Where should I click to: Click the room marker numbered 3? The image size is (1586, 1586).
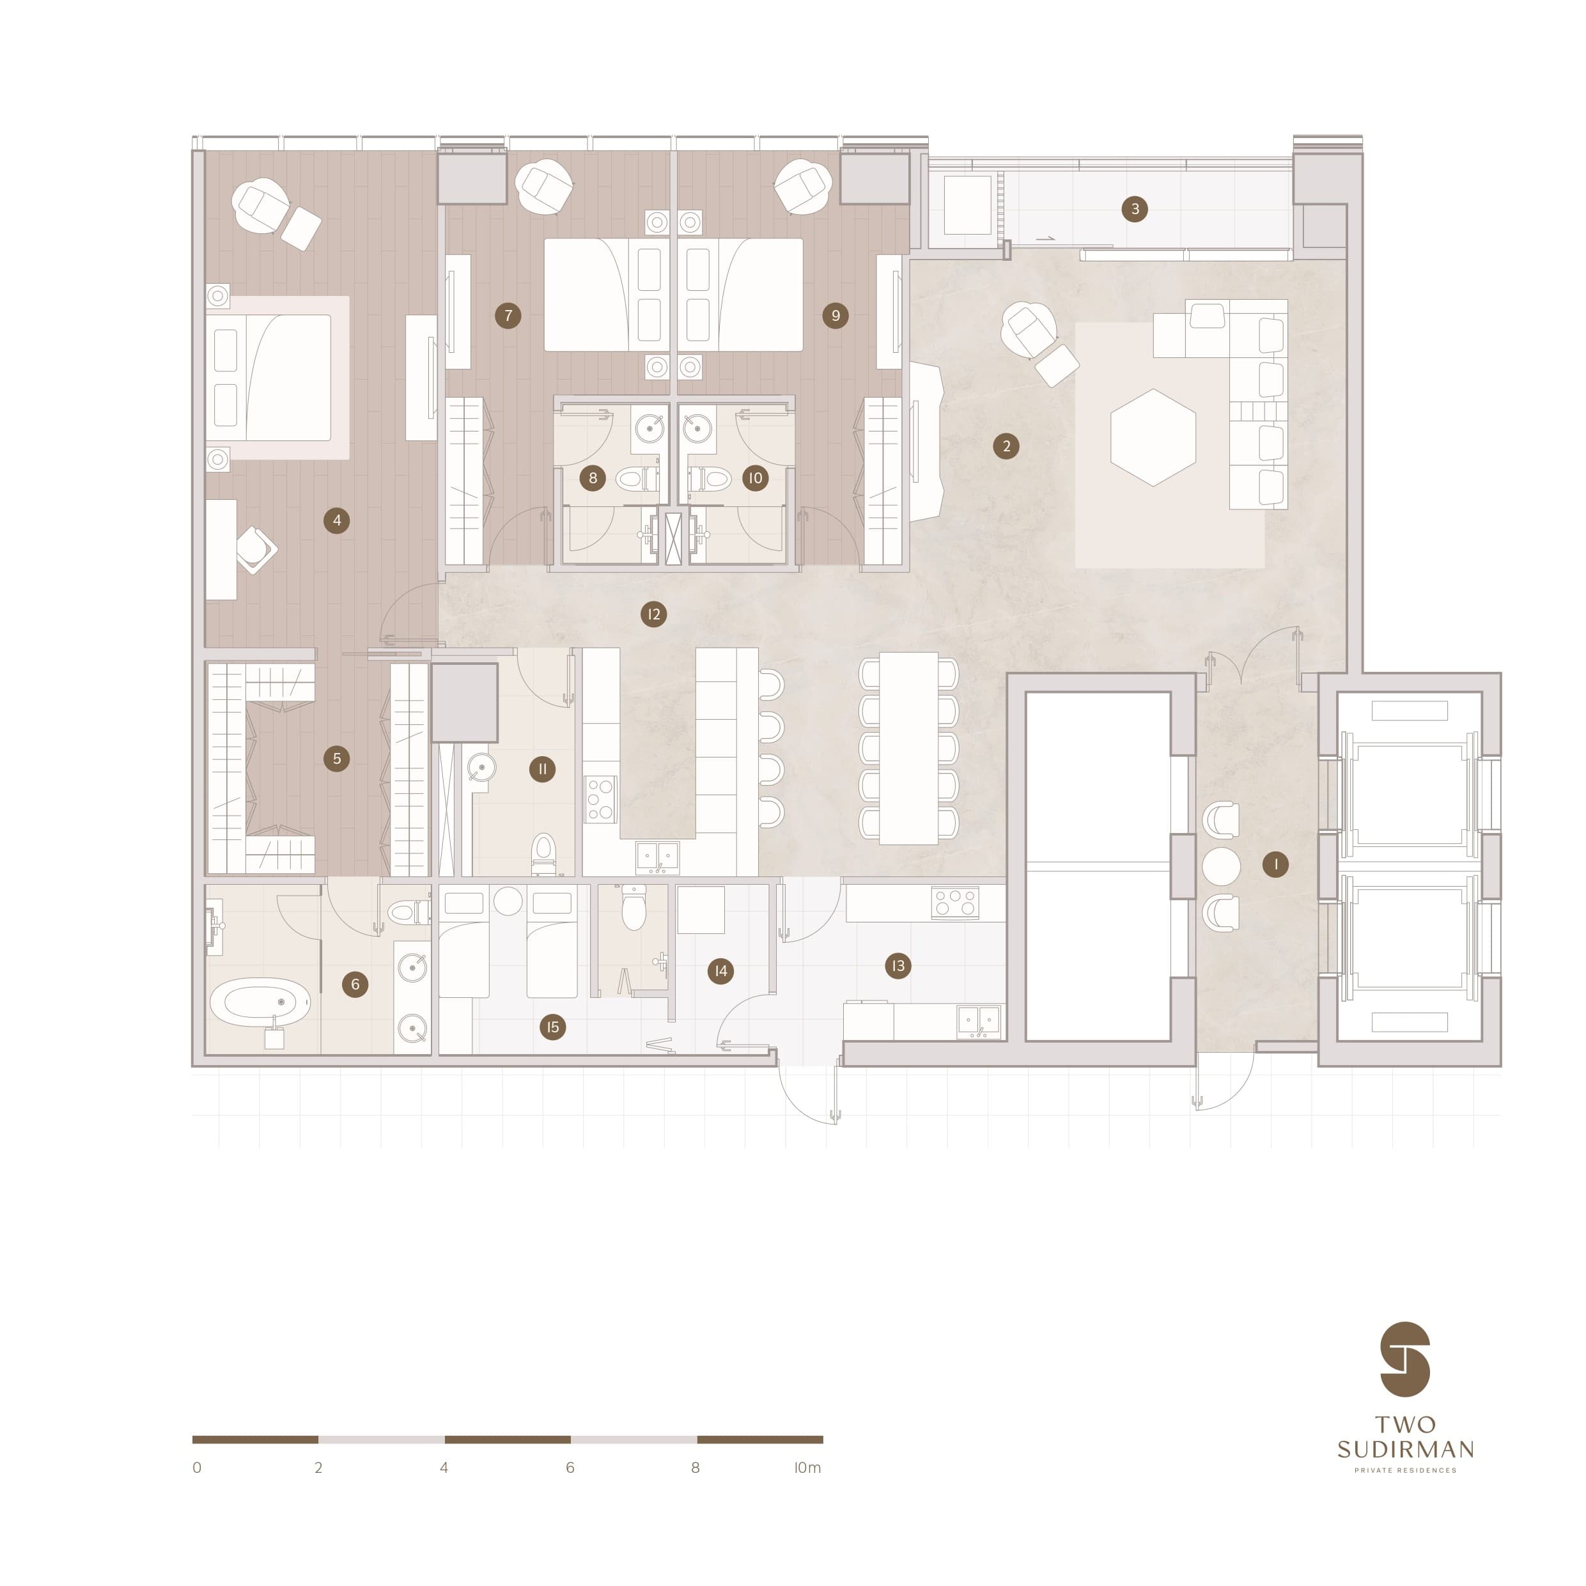pos(1135,209)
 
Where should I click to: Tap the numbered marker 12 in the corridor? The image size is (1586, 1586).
pos(653,614)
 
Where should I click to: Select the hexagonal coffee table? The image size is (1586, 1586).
pos(1153,437)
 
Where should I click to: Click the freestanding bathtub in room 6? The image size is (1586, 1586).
pos(260,1002)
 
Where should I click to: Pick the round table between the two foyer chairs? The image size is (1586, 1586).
pos(1221,866)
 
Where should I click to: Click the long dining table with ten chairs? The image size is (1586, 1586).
pos(909,748)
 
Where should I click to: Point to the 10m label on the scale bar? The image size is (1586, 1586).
pos(807,1468)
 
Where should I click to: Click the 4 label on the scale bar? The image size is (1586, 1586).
pos(444,1468)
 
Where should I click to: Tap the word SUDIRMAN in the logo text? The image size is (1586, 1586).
pos(1405,1449)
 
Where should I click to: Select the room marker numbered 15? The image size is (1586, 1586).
pos(552,1027)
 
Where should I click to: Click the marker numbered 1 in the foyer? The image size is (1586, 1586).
pos(1275,864)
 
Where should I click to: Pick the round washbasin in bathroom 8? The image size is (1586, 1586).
pos(650,428)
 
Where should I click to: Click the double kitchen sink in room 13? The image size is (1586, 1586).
pos(979,1020)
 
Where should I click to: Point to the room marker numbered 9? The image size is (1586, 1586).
pos(835,315)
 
